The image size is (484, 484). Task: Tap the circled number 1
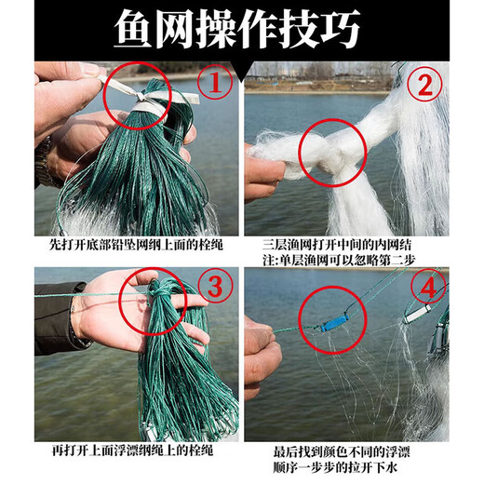click(x=215, y=85)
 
